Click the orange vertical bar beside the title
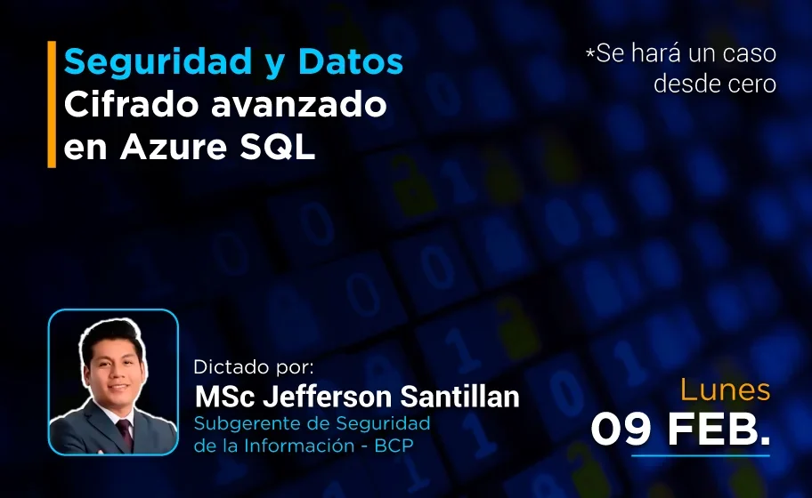click(x=52, y=104)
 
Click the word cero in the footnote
click(x=754, y=84)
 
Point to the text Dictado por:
click(x=254, y=367)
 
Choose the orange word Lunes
click(x=725, y=390)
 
